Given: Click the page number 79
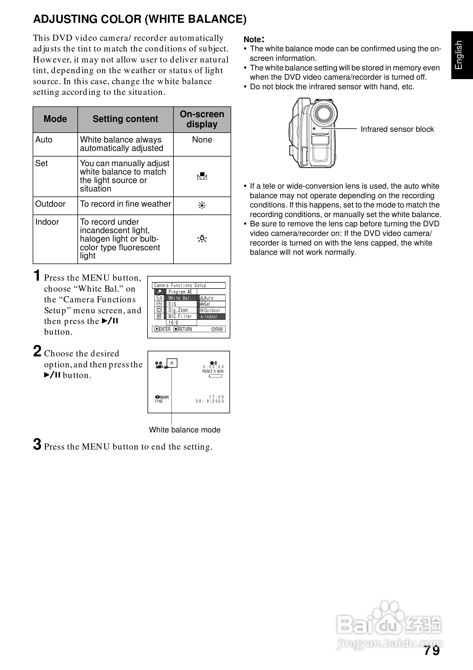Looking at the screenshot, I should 432,651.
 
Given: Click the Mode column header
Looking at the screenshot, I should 55,119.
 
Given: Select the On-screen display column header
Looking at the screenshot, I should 202,119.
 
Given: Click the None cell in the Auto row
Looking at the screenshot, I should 202,140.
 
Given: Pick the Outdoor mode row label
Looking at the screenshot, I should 50,204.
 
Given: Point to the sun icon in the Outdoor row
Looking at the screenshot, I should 202,206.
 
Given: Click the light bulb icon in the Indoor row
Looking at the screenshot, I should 202,239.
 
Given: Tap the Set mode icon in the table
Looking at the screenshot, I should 202,176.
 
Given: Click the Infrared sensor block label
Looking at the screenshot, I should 397,129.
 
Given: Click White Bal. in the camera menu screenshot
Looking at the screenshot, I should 180,298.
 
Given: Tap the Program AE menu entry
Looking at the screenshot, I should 180,292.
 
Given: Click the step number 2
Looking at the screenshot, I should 37,351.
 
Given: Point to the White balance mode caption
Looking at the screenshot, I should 184,430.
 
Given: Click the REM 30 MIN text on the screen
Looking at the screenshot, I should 213,372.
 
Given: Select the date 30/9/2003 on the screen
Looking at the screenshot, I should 209,401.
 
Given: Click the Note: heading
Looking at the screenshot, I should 254,39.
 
